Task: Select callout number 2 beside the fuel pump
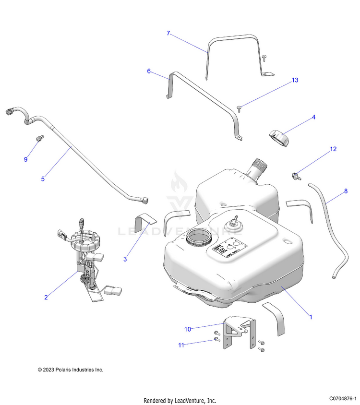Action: tap(46, 298)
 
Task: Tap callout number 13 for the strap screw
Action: tap(295, 80)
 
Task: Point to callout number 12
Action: tap(333, 149)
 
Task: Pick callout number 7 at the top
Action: tap(168, 33)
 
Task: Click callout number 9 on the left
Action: tap(26, 159)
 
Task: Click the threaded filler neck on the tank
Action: tap(257, 171)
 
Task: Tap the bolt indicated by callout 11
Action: tap(216, 340)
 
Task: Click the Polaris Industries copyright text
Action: tap(71, 369)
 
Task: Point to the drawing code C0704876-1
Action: tap(343, 399)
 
